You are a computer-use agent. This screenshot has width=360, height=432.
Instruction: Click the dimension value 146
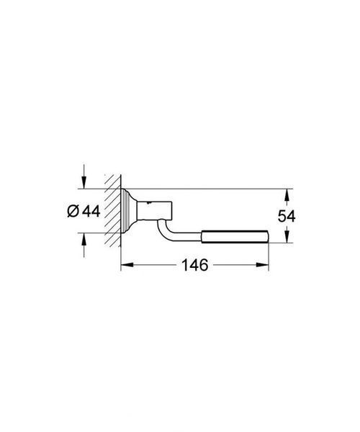(194, 265)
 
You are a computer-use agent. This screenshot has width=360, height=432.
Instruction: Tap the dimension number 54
(287, 216)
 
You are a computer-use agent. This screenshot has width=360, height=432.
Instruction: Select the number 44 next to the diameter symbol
(91, 212)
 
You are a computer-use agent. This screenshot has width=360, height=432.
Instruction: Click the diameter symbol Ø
(73, 212)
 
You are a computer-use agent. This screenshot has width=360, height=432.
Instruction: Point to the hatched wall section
(113, 210)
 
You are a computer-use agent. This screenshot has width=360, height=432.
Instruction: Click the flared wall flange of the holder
(129, 210)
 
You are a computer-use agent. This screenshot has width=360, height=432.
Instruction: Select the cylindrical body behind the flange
(155, 210)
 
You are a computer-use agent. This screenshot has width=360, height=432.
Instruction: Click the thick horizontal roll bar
(235, 236)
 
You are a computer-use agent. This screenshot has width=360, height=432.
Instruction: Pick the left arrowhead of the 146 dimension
(127, 265)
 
